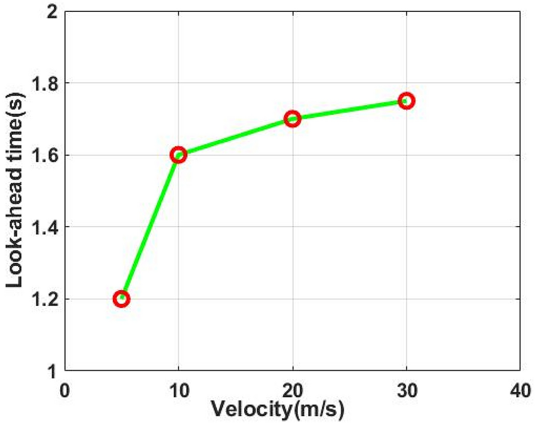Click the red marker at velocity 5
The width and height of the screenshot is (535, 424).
[122, 299]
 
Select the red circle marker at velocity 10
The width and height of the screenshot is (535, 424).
[179, 155]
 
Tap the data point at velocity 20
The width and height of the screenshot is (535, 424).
[293, 119]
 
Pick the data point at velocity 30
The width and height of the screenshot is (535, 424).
[407, 101]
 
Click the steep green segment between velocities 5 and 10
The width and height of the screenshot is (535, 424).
[150, 227]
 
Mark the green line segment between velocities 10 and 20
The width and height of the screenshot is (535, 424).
[235, 137]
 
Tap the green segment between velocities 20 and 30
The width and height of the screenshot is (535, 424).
[349, 110]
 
